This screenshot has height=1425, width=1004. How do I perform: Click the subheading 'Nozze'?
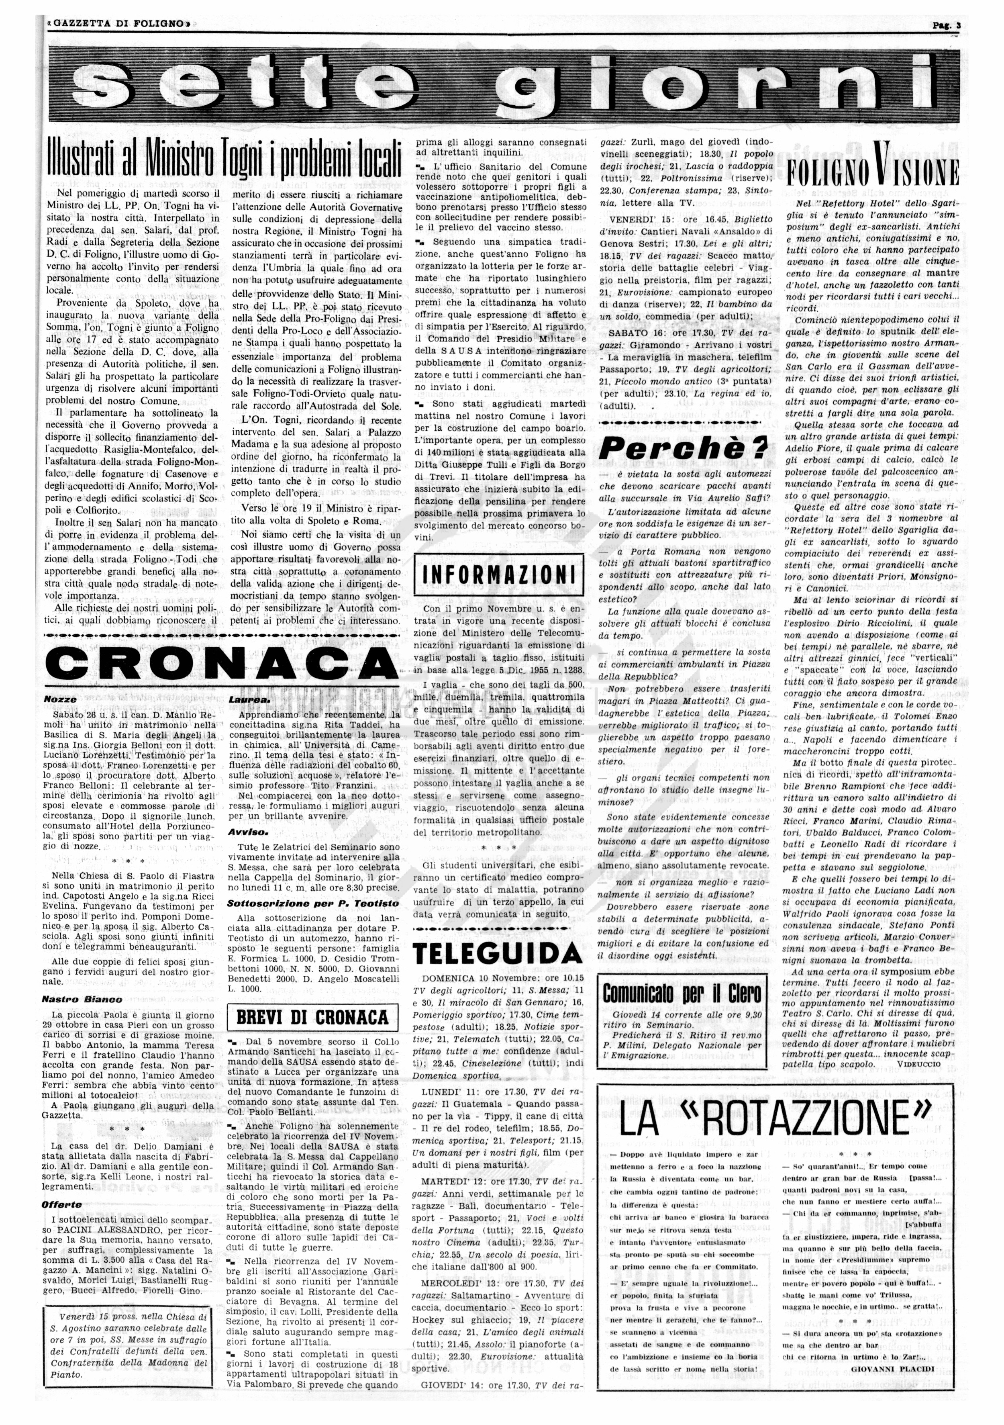click(60, 699)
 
